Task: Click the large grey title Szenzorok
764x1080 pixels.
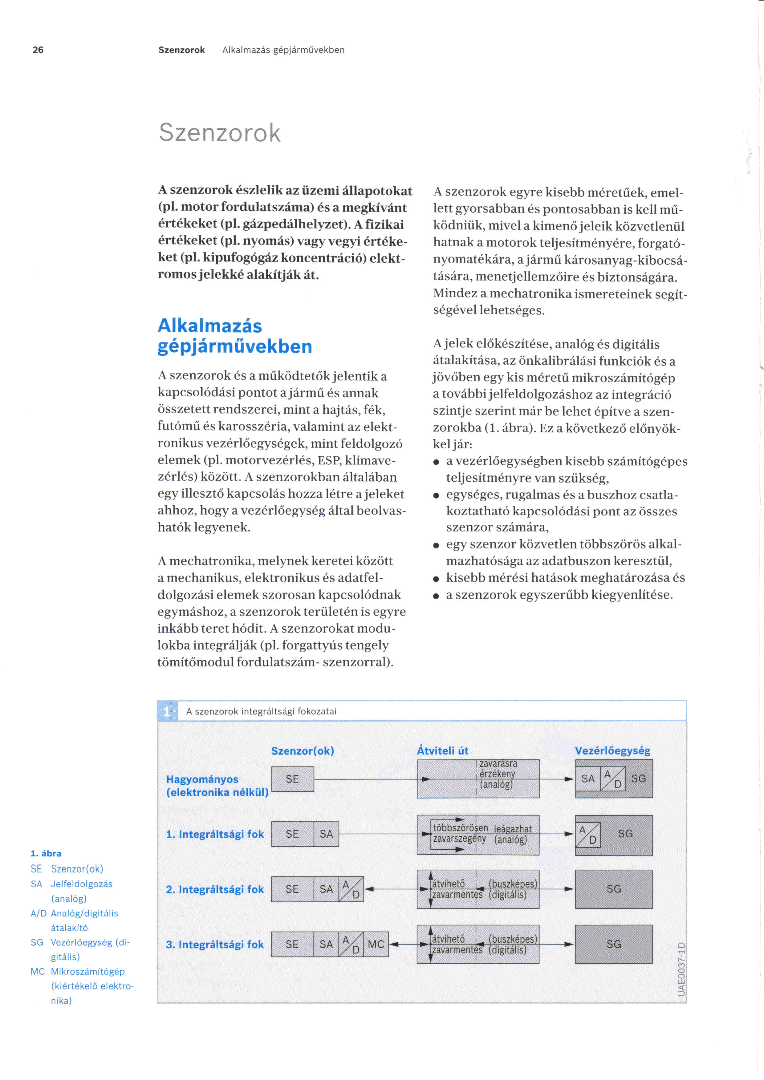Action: [x=219, y=133]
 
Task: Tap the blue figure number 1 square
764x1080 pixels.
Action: [x=167, y=711]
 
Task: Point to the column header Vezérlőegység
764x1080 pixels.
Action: [x=612, y=751]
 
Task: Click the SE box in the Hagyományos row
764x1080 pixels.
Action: [x=292, y=779]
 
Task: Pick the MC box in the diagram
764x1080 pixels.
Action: [x=376, y=944]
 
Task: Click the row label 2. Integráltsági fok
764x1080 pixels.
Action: [x=214, y=889]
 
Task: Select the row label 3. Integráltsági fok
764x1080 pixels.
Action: [x=214, y=944]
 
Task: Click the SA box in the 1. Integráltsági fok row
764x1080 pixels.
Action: [x=326, y=834]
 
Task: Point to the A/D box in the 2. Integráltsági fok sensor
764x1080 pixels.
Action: [x=351, y=889]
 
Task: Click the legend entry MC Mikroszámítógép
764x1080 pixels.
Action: [x=78, y=971]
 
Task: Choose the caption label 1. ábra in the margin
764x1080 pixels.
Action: [x=46, y=853]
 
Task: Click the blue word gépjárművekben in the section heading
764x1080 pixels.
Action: [x=234, y=347]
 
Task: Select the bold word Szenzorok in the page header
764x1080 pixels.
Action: [x=181, y=50]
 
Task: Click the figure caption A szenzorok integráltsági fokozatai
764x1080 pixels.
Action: [x=261, y=711]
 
